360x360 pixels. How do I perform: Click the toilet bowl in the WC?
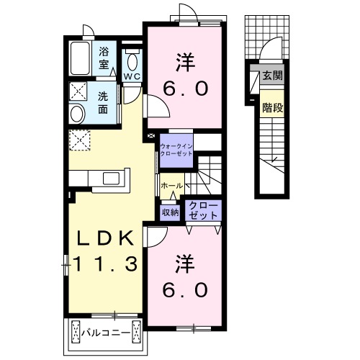(x=132, y=62)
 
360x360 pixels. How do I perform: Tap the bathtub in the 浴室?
(x=81, y=58)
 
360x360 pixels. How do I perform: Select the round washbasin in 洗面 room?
(x=77, y=114)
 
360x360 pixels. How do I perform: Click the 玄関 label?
(x=273, y=76)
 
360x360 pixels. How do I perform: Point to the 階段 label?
(x=273, y=108)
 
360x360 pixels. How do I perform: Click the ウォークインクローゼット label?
(x=176, y=150)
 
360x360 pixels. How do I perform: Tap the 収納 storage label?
(x=170, y=212)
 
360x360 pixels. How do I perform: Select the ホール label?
(x=172, y=186)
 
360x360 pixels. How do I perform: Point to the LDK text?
(x=105, y=238)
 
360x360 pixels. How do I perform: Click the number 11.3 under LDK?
(x=105, y=264)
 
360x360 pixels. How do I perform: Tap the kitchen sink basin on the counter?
(x=112, y=179)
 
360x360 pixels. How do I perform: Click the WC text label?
(x=132, y=76)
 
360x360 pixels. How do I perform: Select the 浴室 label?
(x=104, y=58)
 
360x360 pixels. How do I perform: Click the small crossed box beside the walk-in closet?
(x=151, y=136)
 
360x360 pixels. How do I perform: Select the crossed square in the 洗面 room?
(x=78, y=91)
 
